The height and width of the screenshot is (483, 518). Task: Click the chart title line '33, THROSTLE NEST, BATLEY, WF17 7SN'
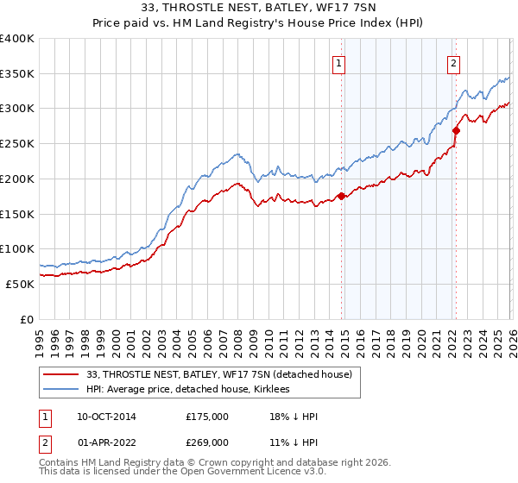click(x=259, y=9)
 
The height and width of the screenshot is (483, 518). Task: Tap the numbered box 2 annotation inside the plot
click(x=453, y=62)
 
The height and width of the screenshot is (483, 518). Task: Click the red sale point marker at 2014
click(x=341, y=196)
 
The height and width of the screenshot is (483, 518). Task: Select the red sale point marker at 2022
click(x=456, y=130)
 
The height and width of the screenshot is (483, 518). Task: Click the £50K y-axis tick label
click(x=20, y=284)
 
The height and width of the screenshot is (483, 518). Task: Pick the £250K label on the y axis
click(x=17, y=144)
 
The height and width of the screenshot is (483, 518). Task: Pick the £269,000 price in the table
click(x=207, y=442)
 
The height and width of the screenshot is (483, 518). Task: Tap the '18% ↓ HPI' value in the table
click(x=294, y=417)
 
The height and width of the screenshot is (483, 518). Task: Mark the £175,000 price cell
click(x=207, y=417)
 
